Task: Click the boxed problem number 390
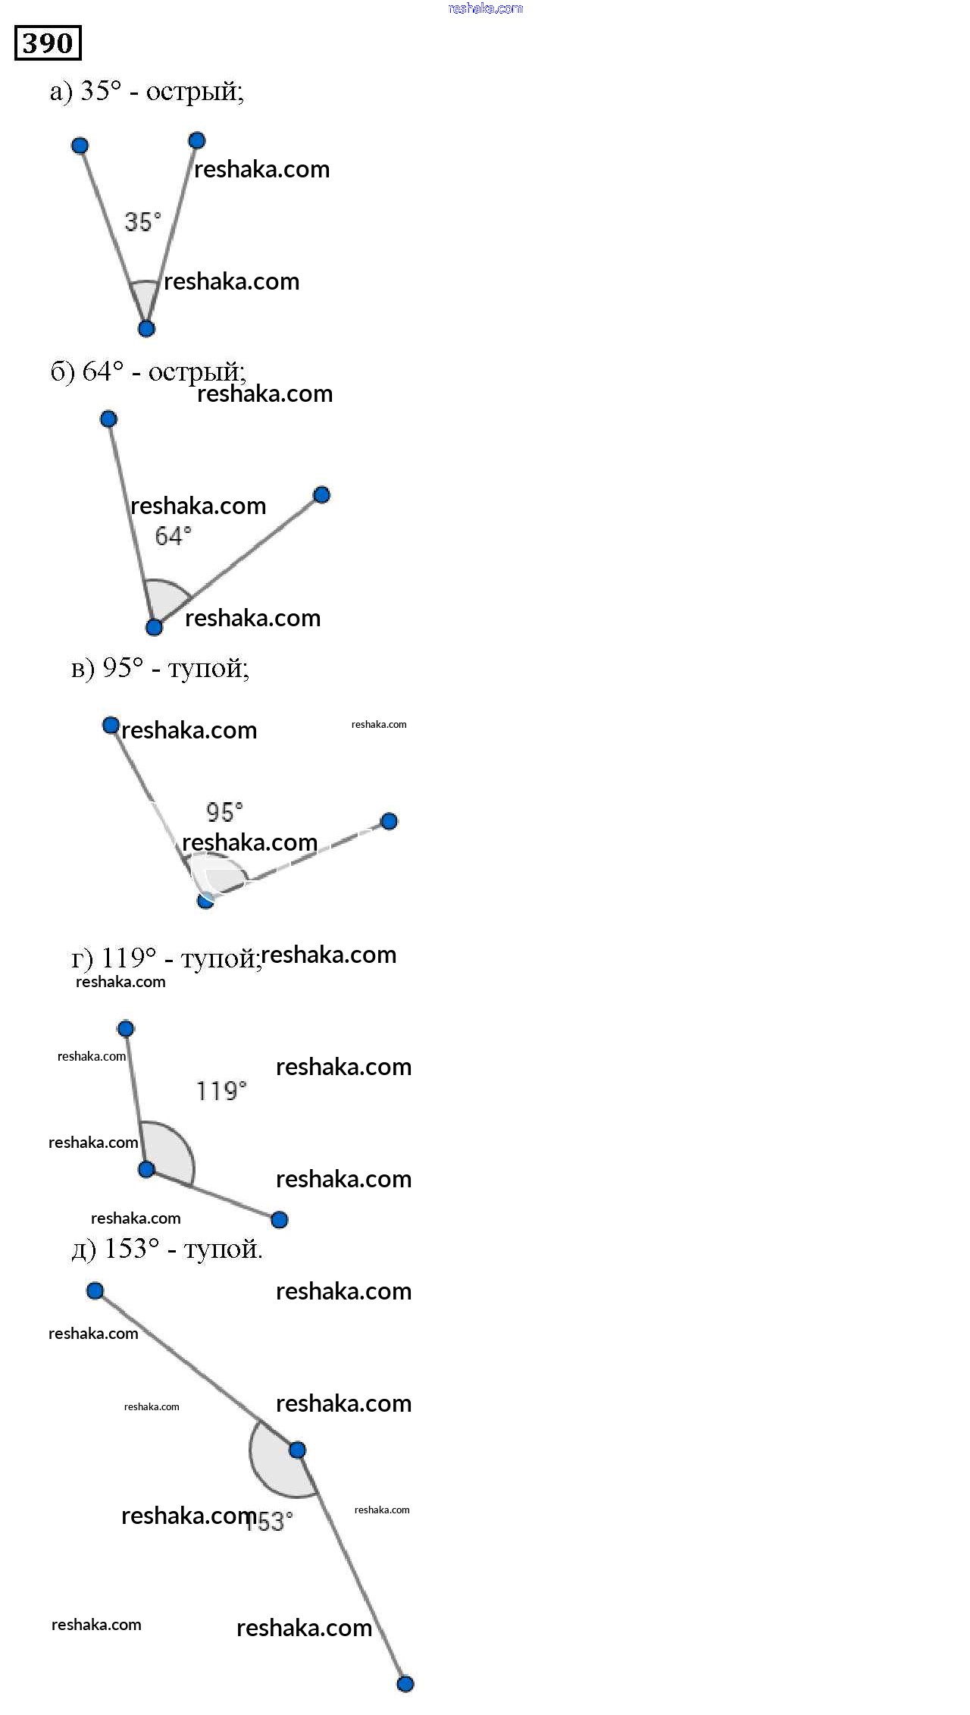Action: (x=48, y=43)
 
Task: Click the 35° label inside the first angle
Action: (x=142, y=222)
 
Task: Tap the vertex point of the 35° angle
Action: (x=146, y=328)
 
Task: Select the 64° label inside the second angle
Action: (x=173, y=536)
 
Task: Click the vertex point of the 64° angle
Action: (x=154, y=627)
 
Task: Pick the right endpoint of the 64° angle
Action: (x=321, y=495)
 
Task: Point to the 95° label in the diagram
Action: (x=224, y=813)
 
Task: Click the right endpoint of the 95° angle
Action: (x=389, y=821)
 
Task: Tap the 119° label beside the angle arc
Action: (x=221, y=1091)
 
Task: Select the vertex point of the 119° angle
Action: (x=146, y=1169)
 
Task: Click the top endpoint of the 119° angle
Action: (x=126, y=1029)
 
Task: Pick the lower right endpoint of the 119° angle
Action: (x=279, y=1219)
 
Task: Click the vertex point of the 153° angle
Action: (x=297, y=1450)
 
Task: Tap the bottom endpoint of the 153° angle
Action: (x=405, y=1684)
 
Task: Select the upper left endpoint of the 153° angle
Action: (x=95, y=1290)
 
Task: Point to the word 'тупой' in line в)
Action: (x=206, y=668)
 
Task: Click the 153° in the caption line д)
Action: (x=131, y=1248)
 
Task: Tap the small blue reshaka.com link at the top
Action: (x=485, y=8)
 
